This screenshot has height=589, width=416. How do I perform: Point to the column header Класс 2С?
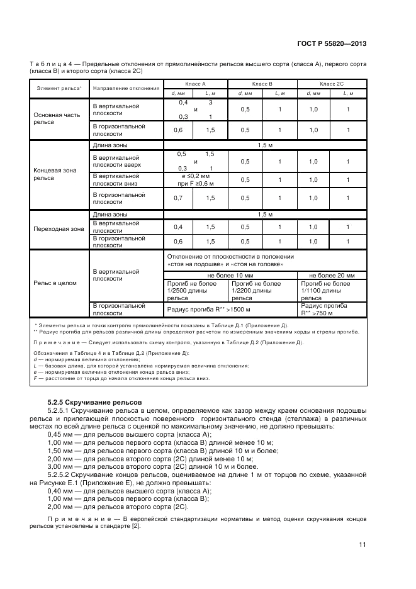coord(332,84)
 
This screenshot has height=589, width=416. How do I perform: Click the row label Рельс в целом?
coord(55,283)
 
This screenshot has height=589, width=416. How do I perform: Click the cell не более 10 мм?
coord(230,276)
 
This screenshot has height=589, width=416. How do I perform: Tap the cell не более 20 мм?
coord(332,276)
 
